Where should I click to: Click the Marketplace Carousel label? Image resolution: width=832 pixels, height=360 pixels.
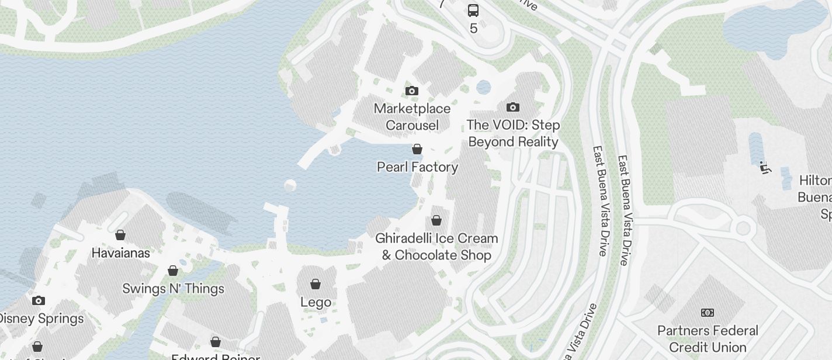click(412, 117)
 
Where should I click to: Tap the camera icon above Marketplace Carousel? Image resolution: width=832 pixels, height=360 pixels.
click(412, 91)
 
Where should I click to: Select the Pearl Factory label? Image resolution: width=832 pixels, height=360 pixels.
click(417, 167)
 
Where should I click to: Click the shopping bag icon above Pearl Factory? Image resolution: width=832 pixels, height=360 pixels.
click(417, 149)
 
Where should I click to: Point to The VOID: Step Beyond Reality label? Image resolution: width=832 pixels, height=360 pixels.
click(513, 133)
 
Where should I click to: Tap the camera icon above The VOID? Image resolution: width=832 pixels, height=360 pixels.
click(513, 107)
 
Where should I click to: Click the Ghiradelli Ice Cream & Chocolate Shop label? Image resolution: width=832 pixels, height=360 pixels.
click(436, 247)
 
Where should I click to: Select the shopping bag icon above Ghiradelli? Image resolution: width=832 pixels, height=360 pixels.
click(436, 220)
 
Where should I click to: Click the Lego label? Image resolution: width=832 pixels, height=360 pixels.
click(316, 302)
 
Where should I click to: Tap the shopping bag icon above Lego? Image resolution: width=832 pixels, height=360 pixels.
click(316, 284)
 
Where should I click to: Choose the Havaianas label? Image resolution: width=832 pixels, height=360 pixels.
click(121, 253)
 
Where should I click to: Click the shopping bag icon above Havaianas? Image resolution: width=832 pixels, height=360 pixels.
click(120, 235)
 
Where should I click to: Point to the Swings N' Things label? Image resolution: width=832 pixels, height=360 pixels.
click(173, 289)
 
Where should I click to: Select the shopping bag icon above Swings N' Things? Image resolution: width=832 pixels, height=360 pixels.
click(173, 271)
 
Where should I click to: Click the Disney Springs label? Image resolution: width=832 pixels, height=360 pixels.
click(41, 319)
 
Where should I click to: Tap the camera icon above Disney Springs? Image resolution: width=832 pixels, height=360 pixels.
click(39, 300)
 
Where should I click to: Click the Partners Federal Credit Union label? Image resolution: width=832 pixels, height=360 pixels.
click(708, 339)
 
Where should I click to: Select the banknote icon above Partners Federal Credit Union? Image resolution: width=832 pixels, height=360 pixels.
click(708, 313)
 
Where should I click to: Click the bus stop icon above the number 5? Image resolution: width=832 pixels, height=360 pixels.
click(473, 10)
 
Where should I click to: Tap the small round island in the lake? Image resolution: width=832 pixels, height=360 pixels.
click(290, 186)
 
